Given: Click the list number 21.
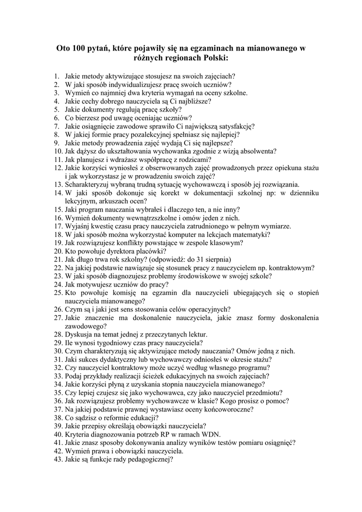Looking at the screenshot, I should [x=57, y=259].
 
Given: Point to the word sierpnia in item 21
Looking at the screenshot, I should [x=217, y=259].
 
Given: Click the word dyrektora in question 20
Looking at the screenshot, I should [x=114, y=251].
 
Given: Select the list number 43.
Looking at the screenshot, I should [x=57, y=459].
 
